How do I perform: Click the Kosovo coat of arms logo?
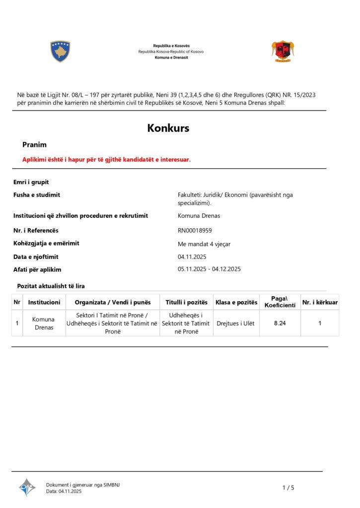pyautogui.click(x=60, y=51)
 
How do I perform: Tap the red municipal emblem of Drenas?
pyautogui.click(x=283, y=51)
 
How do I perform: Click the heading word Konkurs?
pyautogui.click(x=168, y=128)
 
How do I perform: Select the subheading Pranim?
pyautogui.click(x=34, y=145)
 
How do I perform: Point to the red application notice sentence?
pyautogui.click(x=106, y=159)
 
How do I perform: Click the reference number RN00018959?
pyautogui.click(x=195, y=230)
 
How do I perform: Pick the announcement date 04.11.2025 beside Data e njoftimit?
pyautogui.click(x=192, y=256)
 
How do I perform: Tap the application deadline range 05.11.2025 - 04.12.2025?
pyautogui.click(x=209, y=269)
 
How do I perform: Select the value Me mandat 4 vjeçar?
pyautogui.click(x=204, y=244)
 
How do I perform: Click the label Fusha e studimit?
pyautogui.click(x=37, y=195)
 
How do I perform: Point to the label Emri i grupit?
pyautogui.click(x=31, y=182)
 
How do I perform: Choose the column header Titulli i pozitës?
pyautogui.click(x=186, y=302)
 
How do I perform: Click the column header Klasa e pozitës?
pyautogui.click(x=236, y=302)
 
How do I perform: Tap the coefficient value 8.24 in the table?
pyautogui.click(x=280, y=323)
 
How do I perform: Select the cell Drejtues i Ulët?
pyautogui.click(x=235, y=323)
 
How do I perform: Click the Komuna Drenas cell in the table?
pyautogui.click(x=44, y=323)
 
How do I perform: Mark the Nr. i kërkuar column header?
pyautogui.click(x=320, y=302)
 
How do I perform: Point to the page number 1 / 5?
pyautogui.click(x=288, y=488)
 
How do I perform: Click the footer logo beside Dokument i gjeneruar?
pyautogui.click(x=27, y=487)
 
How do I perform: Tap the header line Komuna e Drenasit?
pyautogui.click(x=171, y=58)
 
